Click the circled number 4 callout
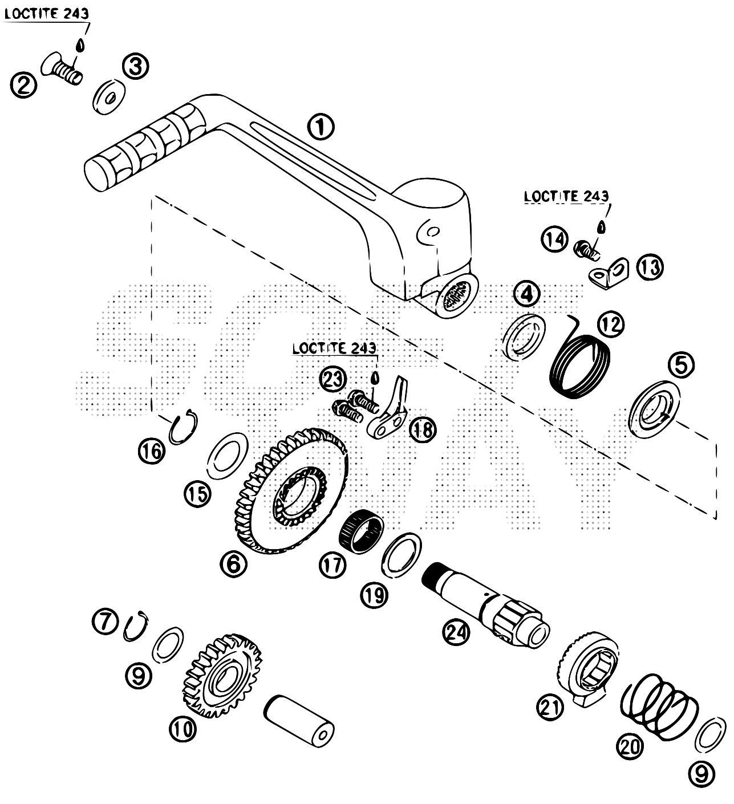(526, 295)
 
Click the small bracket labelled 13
(609, 272)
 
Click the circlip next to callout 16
(184, 428)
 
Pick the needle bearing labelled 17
(360, 530)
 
